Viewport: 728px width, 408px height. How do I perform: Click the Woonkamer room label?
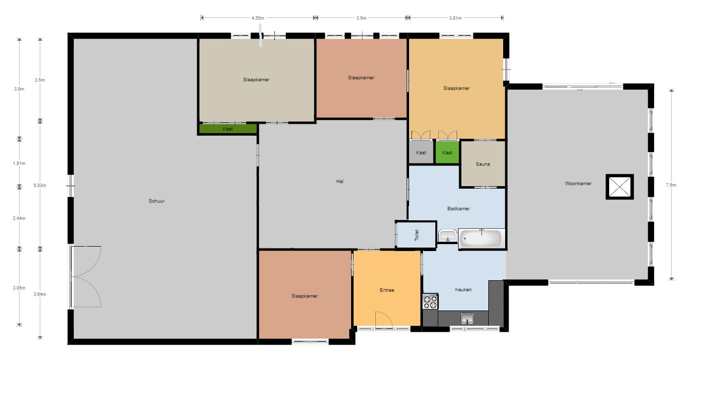tap(578, 184)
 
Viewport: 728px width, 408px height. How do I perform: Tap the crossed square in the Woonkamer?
tap(620, 187)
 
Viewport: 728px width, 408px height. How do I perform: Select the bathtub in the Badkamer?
tap(481, 239)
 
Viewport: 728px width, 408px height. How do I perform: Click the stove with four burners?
tap(430, 302)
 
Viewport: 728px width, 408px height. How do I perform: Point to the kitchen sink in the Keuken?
tap(467, 318)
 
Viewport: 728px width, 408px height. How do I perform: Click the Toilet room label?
tap(416, 235)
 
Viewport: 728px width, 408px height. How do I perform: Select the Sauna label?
tap(483, 164)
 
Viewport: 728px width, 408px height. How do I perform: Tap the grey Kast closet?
tap(421, 153)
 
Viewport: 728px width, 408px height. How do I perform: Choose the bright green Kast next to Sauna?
tap(447, 153)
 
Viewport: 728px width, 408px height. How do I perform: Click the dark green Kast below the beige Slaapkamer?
tap(228, 129)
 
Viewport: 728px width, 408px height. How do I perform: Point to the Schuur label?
tap(156, 201)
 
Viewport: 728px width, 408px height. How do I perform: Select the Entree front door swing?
tap(384, 320)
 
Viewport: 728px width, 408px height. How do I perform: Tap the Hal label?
tap(340, 182)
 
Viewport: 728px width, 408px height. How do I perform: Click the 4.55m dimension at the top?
tap(258, 18)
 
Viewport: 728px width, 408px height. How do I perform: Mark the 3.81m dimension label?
tap(455, 18)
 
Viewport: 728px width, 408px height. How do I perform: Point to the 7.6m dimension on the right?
tap(671, 185)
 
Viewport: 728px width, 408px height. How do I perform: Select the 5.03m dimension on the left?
tap(40, 186)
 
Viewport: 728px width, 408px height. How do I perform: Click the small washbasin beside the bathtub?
tap(448, 236)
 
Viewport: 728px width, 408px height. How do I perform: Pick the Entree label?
tap(387, 290)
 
